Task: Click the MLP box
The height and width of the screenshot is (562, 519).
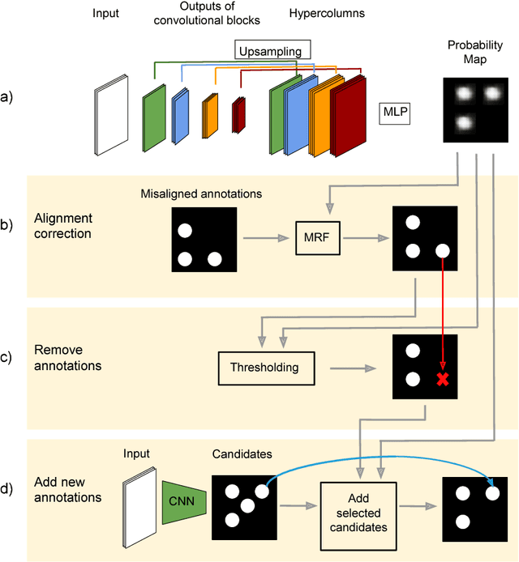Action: (394, 113)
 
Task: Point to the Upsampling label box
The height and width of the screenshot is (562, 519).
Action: (269, 51)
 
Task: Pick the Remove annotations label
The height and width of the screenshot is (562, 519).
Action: (69, 358)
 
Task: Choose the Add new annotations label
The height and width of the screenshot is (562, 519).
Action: (68, 490)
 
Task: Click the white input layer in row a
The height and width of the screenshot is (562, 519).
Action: (111, 114)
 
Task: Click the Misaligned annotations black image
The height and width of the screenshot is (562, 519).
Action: (204, 240)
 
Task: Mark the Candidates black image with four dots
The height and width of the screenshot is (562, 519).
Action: (243, 506)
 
